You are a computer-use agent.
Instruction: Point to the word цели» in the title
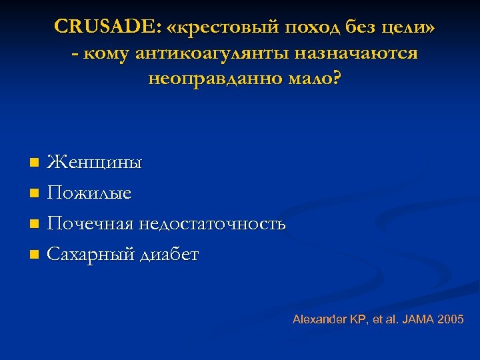(x=409, y=27)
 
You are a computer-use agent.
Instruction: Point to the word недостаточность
(x=212, y=224)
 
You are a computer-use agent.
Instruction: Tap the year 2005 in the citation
(x=451, y=319)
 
